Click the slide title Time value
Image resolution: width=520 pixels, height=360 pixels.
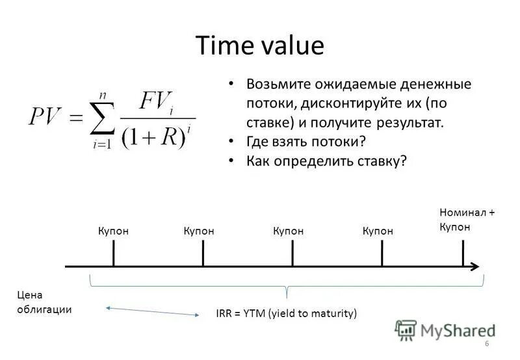[259, 46]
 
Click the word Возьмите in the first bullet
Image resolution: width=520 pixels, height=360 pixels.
[277, 84]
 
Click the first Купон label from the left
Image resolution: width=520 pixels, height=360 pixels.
[114, 231]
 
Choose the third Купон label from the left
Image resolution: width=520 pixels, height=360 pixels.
[289, 231]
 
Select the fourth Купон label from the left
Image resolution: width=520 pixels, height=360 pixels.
[378, 231]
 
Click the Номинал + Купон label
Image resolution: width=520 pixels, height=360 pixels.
[466, 219]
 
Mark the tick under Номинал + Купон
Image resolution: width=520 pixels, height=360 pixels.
[463, 253]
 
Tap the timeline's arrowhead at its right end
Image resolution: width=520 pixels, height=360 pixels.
[476, 266]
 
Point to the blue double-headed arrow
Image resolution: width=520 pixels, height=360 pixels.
[152, 311]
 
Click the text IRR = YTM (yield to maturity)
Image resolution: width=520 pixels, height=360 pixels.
[287, 313]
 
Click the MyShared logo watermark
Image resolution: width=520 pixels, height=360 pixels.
[445, 330]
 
